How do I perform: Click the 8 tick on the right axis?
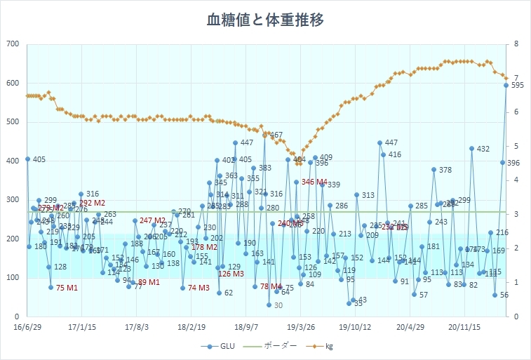[x=516, y=44]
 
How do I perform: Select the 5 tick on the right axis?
[x=516, y=146]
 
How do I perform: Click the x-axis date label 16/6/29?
[x=27, y=327]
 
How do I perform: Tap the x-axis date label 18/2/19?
[x=191, y=327]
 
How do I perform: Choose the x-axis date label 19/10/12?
[x=355, y=327]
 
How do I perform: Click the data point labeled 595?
[x=506, y=85]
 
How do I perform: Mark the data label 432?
[x=483, y=149]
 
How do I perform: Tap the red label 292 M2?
[x=92, y=203]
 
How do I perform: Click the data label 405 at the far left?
[x=39, y=160]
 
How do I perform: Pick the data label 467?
[x=276, y=135]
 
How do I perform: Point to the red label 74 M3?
[x=199, y=288]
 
